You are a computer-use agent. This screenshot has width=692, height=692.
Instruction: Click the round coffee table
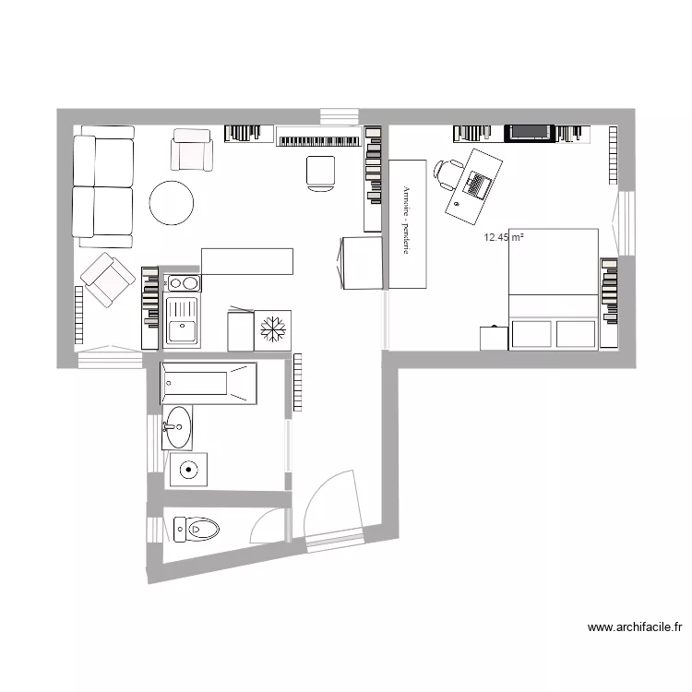coord(172,202)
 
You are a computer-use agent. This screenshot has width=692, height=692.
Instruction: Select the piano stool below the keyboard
coord(321,173)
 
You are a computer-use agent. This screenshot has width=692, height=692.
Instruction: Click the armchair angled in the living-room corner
coord(106,280)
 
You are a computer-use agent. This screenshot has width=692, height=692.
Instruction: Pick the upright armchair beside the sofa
coord(192,149)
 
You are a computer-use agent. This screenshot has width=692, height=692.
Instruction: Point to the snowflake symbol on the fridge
coord(273,329)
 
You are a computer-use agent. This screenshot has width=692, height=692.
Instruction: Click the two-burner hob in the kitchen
coord(183,283)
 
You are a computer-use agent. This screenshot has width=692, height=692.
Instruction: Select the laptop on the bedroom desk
coord(477,185)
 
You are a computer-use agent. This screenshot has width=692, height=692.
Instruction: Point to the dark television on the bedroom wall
coord(530,134)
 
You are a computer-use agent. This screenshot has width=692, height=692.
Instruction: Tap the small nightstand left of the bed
coord(494,338)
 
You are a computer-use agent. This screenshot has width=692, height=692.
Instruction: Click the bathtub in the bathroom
coord(209,384)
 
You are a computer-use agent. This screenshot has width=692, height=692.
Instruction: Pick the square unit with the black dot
coord(187,470)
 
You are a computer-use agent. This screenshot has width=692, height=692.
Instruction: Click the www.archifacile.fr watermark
coord(635,627)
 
